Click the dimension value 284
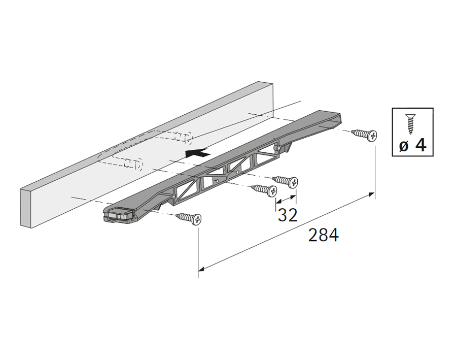point(324,235)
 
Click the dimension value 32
point(288,215)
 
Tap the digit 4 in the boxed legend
point(420,145)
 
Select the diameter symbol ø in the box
point(404,146)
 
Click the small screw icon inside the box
point(410,124)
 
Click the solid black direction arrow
point(197,152)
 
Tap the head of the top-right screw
point(372,136)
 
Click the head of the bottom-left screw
point(197,219)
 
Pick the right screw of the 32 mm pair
point(285,181)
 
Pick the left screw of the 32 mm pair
point(264,190)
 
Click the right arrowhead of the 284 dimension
point(372,194)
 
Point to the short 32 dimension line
point(286,200)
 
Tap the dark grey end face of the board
point(25,208)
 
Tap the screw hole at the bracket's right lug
point(279,148)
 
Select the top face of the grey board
point(146,136)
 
